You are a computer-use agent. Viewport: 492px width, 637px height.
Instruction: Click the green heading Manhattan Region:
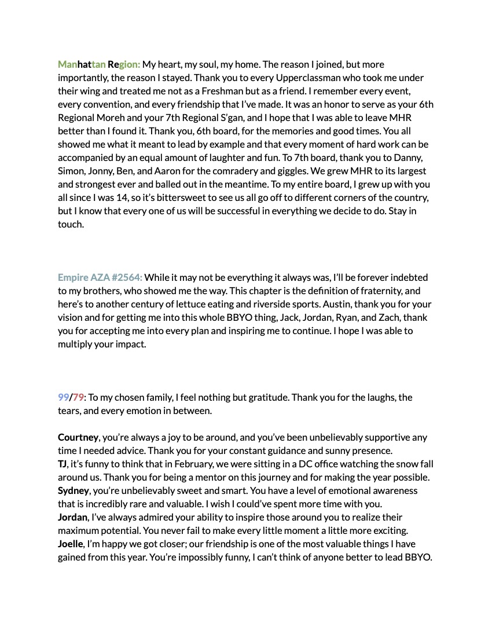99,64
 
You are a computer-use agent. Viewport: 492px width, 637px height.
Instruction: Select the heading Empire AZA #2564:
100,277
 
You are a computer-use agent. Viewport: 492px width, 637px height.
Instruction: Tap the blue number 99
63,397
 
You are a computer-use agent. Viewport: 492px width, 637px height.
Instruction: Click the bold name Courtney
78,437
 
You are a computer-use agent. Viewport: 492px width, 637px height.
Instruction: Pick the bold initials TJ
63,464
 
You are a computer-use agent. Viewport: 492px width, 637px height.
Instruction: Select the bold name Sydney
73,490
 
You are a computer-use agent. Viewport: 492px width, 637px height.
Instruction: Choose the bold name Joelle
71,544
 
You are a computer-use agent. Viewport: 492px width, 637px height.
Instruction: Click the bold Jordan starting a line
72,517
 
